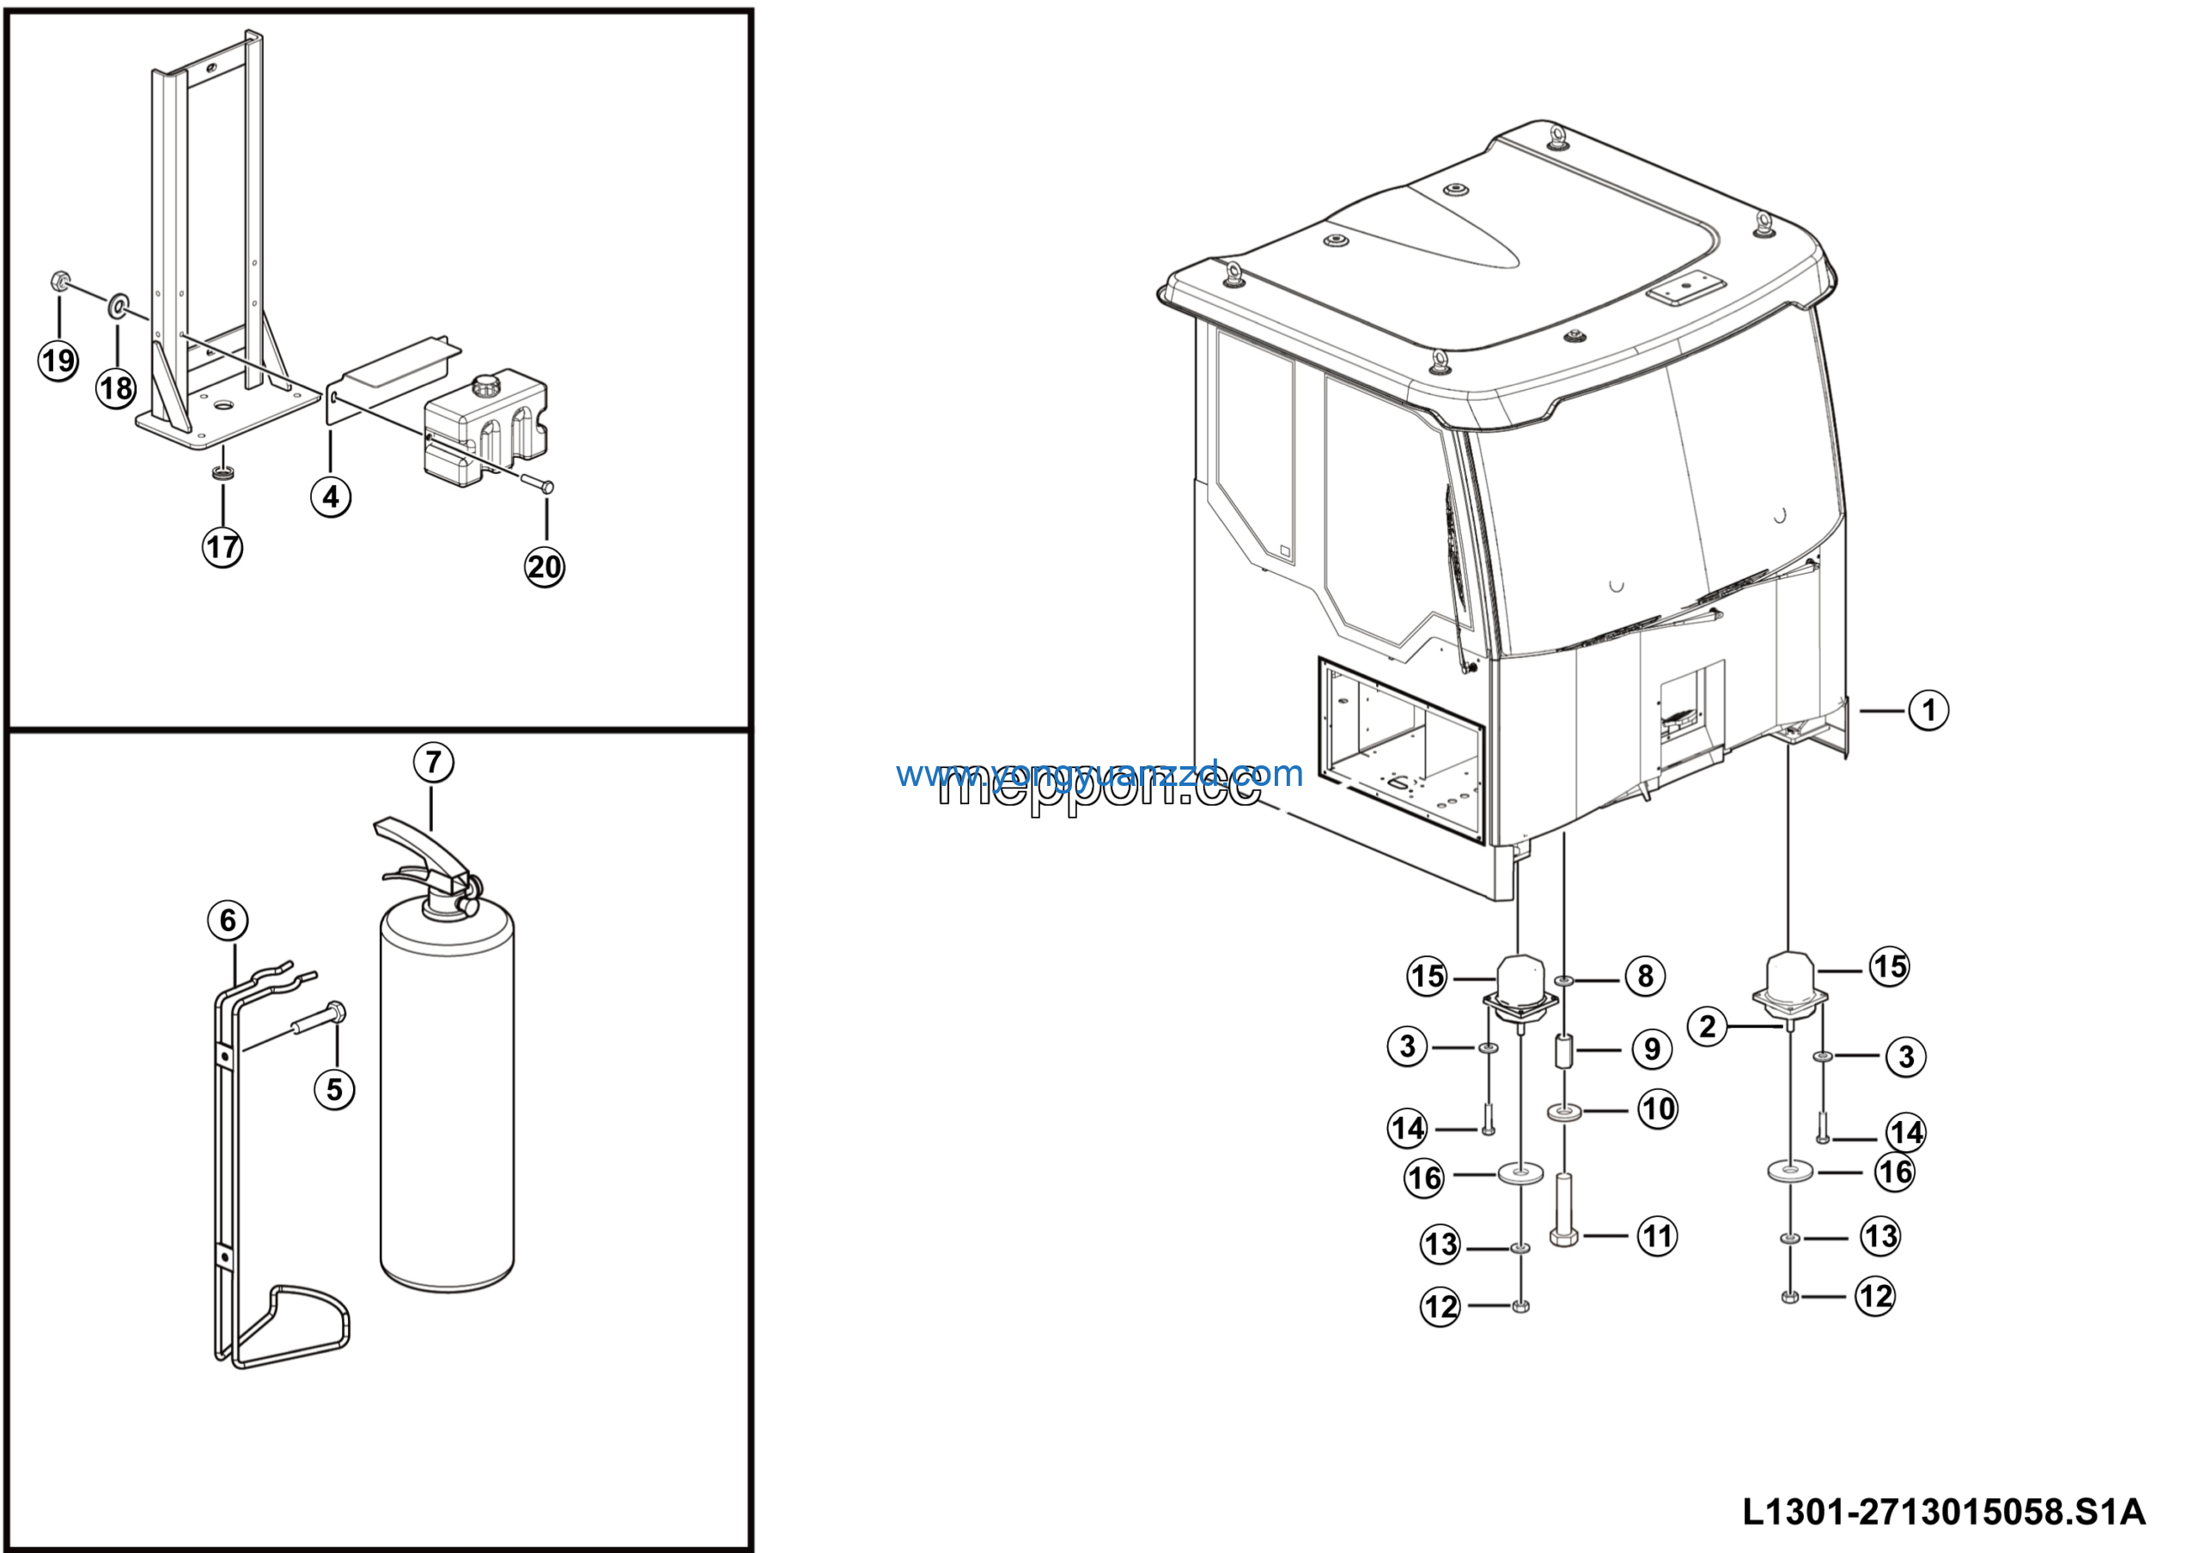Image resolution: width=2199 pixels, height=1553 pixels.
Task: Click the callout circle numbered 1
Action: pyautogui.click(x=1929, y=710)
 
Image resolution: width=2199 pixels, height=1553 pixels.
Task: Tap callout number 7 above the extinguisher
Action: pyautogui.click(x=434, y=763)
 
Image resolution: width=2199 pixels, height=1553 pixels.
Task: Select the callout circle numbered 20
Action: pyautogui.click(x=545, y=567)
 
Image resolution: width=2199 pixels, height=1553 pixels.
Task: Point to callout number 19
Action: pyautogui.click(x=58, y=361)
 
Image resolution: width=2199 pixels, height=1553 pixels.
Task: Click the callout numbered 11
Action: pyautogui.click(x=1657, y=1236)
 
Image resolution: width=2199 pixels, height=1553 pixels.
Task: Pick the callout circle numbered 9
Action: pyautogui.click(x=1652, y=1050)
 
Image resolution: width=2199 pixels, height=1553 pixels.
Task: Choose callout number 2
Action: pyautogui.click(x=1708, y=1027)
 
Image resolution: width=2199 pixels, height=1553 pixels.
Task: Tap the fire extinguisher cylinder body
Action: pyautogui.click(x=448, y=1101)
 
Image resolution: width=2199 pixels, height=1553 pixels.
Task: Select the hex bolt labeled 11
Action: pyautogui.click(x=1564, y=1211)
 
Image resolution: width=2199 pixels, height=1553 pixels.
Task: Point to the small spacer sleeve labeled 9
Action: pyautogui.click(x=1564, y=1053)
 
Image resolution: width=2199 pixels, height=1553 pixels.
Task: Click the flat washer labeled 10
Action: pyautogui.click(x=1564, y=1111)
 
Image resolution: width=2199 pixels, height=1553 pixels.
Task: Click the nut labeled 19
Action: pyautogui.click(x=58, y=282)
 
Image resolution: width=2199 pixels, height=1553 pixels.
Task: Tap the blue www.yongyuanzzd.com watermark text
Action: pyautogui.click(x=1099, y=773)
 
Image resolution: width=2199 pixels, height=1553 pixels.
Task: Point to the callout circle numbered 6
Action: pyautogui.click(x=228, y=921)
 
